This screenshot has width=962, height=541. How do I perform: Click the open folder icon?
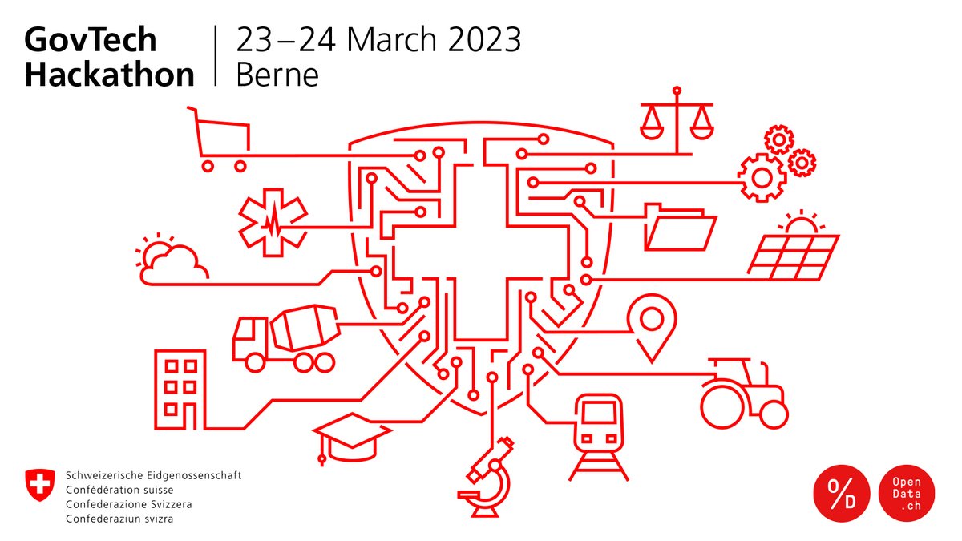[x=680, y=228]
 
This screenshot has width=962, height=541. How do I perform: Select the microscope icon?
[x=489, y=477]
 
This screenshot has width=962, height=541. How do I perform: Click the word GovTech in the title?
[x=90, y=40]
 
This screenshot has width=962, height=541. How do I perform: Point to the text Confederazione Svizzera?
[x=129, y=505]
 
